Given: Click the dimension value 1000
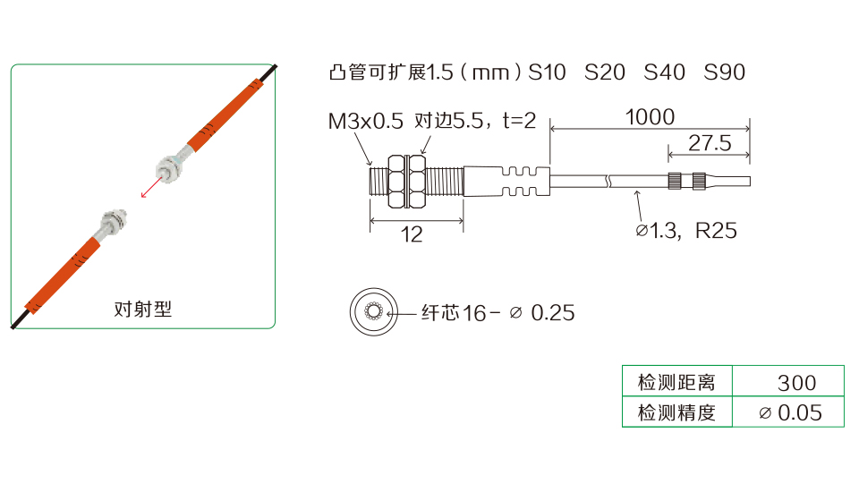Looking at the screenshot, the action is point(650,116).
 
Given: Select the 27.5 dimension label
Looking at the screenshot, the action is point(710,143).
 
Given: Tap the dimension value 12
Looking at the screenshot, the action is point(412,234).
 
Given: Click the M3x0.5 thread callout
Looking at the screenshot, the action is point(365,121).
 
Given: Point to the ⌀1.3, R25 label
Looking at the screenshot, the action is point(686,231).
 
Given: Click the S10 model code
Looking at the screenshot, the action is point(547,72).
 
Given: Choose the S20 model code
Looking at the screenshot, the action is point(605,72).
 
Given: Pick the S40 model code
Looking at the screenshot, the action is point(664,72).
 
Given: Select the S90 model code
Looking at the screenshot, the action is point(724,72).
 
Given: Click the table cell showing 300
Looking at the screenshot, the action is point(796,383).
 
